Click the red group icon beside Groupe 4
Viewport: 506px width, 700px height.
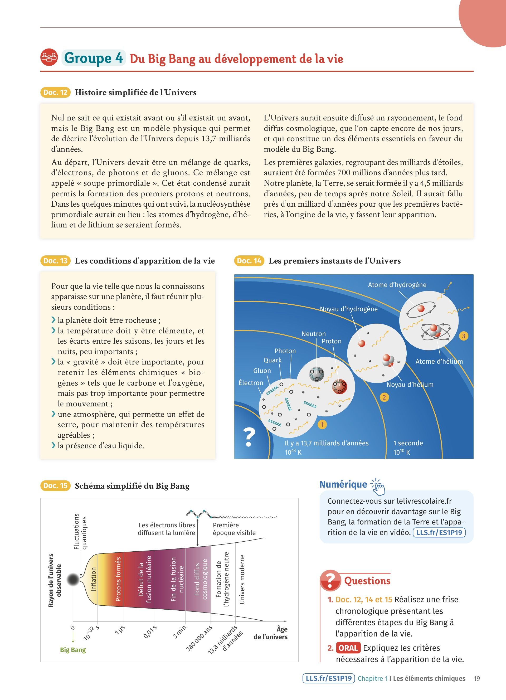tap(49, 57)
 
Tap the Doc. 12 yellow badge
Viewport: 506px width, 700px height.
tap(55, 92)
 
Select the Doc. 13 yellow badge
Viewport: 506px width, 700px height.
tap(55, 261)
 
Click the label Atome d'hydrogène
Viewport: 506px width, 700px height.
tap(397, 285)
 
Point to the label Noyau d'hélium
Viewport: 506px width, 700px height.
tap(410, 385)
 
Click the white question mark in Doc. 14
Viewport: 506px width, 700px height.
tap(249, 437)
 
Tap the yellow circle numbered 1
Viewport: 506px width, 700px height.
tap(322, 425)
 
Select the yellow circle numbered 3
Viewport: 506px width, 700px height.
tap(463, 336)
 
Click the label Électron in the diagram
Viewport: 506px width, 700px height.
tap(251, 383)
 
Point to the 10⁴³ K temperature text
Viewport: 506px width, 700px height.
tap(293, 452)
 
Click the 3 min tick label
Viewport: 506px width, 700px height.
tap(179, 632)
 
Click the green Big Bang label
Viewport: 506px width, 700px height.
tap(73, 650)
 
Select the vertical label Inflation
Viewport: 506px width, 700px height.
tap(94, 579)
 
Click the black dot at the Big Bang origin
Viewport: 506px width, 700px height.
tap(73, 580)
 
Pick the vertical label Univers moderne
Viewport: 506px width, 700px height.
tap(242, 579)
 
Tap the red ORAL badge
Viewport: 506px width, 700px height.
tap(348, 648)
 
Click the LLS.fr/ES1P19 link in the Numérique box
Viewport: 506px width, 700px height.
tap(439, 532)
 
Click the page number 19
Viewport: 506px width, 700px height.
tap(477, 678)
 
